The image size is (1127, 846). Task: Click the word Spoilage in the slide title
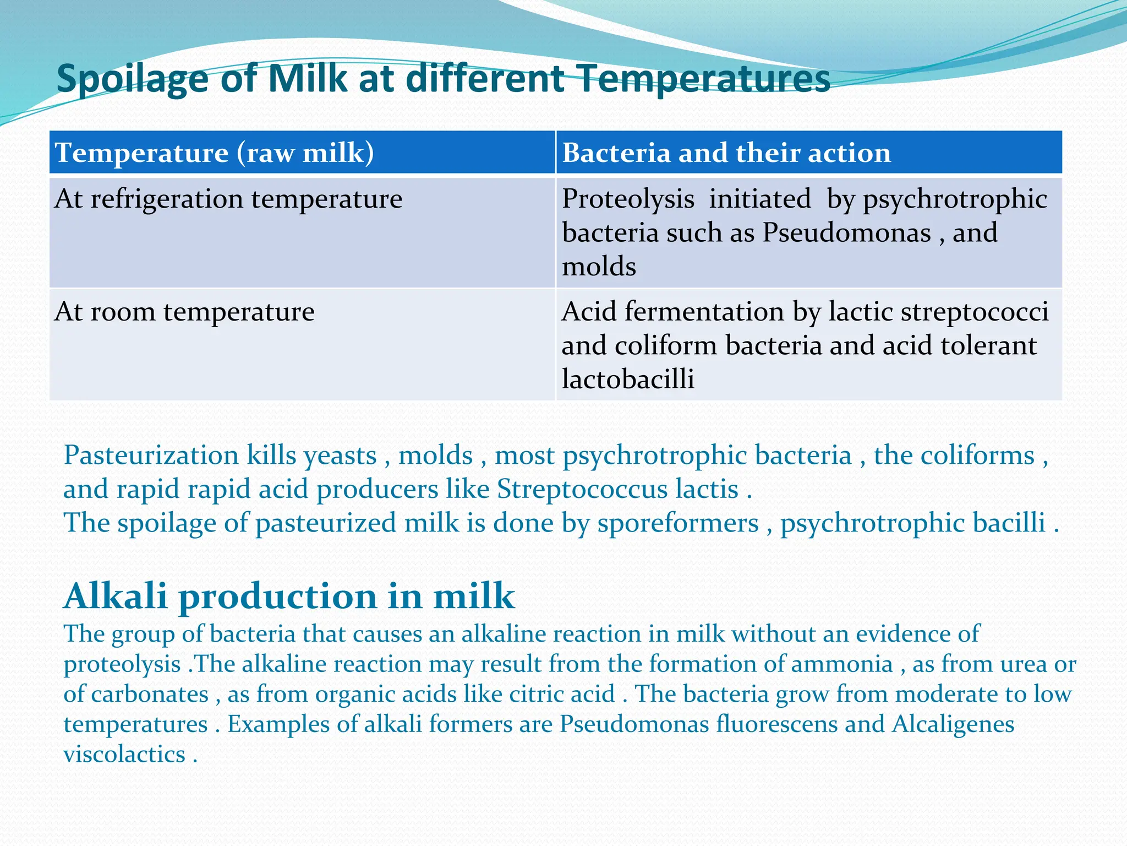click(x=132, y=79)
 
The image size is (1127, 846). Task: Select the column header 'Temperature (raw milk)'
click(x=215, y=153)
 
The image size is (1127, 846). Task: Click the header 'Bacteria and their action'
click(x=726, y=153)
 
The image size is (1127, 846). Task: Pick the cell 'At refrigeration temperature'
click(x=228, y=199)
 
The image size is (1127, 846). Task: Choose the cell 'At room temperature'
click(x=184, y=312)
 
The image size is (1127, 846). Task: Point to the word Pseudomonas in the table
click(x=846, y=232)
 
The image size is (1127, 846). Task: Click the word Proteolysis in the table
click(x=628, y=199)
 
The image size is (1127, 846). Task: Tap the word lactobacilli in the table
click(x=628, y=379)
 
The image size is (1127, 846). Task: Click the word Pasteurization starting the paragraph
click(x=151, y=455)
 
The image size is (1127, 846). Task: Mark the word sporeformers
click(x=678, y=523)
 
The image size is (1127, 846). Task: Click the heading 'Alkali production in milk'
click(x=289, y=596)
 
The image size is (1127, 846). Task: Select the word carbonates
click(x=150, y=694)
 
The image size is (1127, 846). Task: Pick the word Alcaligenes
click(x=953, y=724)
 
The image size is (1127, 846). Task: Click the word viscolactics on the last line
click(x=124, y=754)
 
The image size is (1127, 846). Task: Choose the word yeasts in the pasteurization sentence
click(x=340, y=455)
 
